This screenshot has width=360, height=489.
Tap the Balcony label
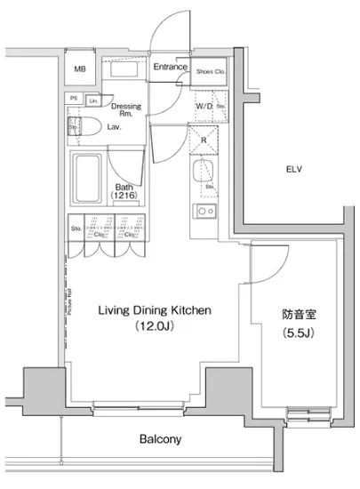point(161,438)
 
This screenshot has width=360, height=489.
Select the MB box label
point(80,68)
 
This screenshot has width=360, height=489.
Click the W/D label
point(203,107)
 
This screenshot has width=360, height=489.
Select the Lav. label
point(115,127)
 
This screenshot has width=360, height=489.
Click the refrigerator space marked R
point(204,140)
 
